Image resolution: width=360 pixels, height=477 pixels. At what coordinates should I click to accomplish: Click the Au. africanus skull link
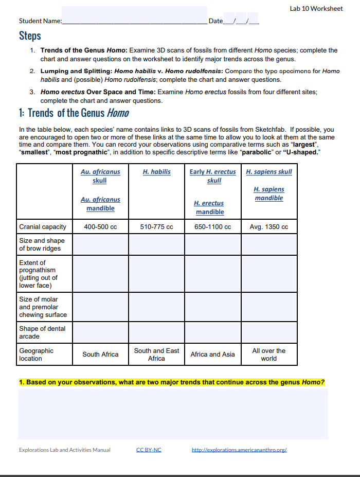point(100,176)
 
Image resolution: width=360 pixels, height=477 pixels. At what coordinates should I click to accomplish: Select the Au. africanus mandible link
point(100,204)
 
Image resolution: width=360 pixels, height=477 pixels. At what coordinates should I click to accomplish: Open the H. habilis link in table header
point(156,172)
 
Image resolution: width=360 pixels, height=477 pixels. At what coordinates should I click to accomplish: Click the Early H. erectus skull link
point(213,176)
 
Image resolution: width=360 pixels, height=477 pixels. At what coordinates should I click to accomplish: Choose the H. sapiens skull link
point(268,172)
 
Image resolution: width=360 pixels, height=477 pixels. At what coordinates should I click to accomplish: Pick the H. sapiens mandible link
point(268,193)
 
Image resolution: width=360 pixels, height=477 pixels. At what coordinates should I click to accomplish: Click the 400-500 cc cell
point(100,227)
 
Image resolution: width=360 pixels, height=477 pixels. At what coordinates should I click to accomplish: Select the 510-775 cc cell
point(156,227)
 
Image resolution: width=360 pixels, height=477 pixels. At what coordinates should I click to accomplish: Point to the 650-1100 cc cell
point(213,227)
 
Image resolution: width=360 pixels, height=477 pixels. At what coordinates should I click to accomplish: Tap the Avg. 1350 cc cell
point(268,227)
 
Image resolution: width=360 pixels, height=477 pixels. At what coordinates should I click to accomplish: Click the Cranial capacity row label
point(43,227)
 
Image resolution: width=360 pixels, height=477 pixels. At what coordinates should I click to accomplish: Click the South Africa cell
point(100,355)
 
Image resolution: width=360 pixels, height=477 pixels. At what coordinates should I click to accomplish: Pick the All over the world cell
point(268,355)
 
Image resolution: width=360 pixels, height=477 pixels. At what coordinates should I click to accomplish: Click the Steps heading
point(30,36)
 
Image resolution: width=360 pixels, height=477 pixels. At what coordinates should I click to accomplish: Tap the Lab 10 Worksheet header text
point(316,9)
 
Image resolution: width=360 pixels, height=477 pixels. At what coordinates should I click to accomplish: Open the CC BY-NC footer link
point(149,450)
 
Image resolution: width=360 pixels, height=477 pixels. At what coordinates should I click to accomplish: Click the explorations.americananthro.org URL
point(239,450)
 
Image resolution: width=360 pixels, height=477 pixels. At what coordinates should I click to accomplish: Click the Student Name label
point(40,21)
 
